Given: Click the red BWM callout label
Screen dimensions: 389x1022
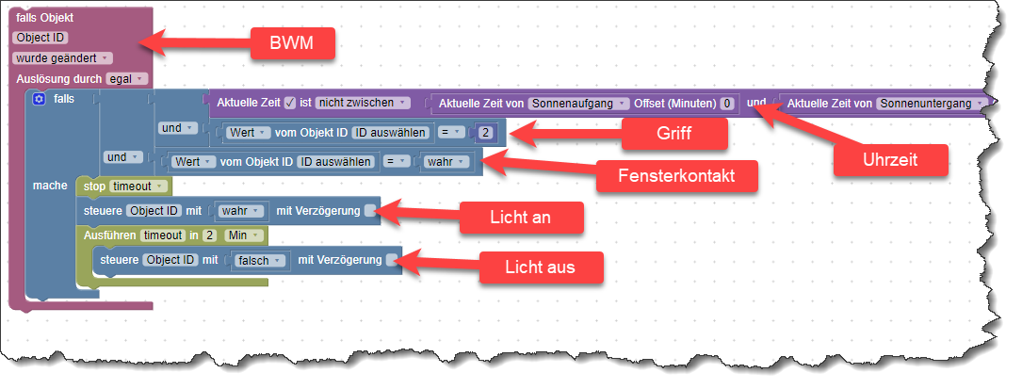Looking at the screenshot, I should tap(292, 44).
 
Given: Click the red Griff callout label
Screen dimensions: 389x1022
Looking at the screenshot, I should tap(675, 134).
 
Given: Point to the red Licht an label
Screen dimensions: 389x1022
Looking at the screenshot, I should tap(521, 218).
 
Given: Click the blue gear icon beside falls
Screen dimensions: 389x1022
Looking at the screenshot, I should tap(39, 98).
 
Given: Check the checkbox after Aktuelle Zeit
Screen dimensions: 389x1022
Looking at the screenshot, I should tap(290, 102).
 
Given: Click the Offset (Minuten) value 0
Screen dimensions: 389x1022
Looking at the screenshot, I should tap(727, 102).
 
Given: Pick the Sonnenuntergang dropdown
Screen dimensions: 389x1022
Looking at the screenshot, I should tap(932, 102).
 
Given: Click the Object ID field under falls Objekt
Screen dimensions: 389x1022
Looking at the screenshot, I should tap(40, 38).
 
